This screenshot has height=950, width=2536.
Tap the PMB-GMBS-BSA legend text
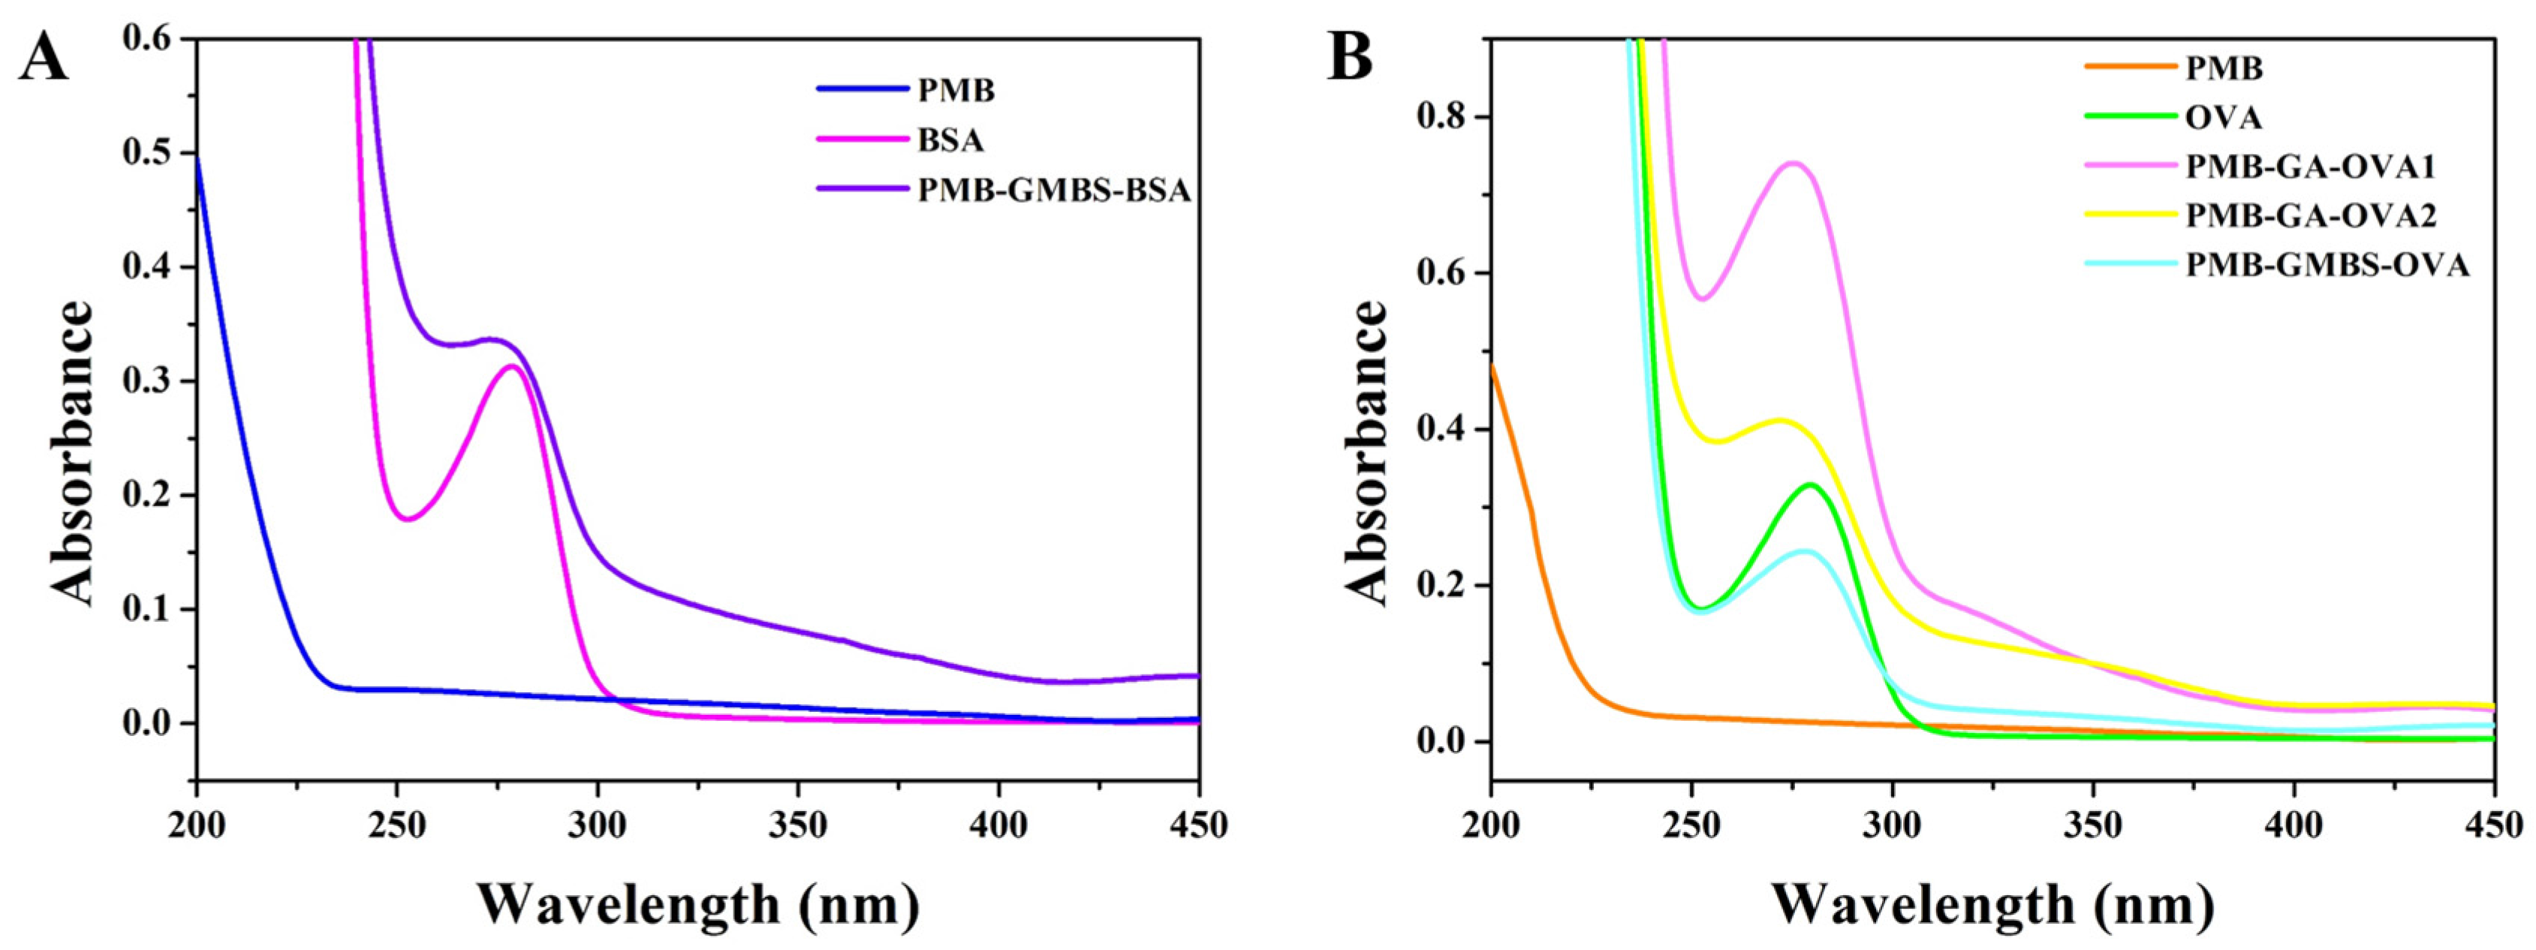(x=1053, y=190)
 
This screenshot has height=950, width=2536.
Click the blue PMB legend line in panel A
(x=861, y=89)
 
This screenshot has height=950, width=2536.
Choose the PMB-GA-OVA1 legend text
(x=2309, y=167)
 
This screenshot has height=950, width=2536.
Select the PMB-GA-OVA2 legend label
(x=2309, y=215)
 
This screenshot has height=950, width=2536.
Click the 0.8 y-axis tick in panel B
(x=1445, y=117)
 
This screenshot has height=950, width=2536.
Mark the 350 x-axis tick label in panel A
(x=797, y=825)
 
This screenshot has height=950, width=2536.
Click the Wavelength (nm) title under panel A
(x=699, y=903)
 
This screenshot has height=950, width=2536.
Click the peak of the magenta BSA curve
(x=512, y=366)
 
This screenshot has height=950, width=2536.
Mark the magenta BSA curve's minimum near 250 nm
(x=408, y=519)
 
